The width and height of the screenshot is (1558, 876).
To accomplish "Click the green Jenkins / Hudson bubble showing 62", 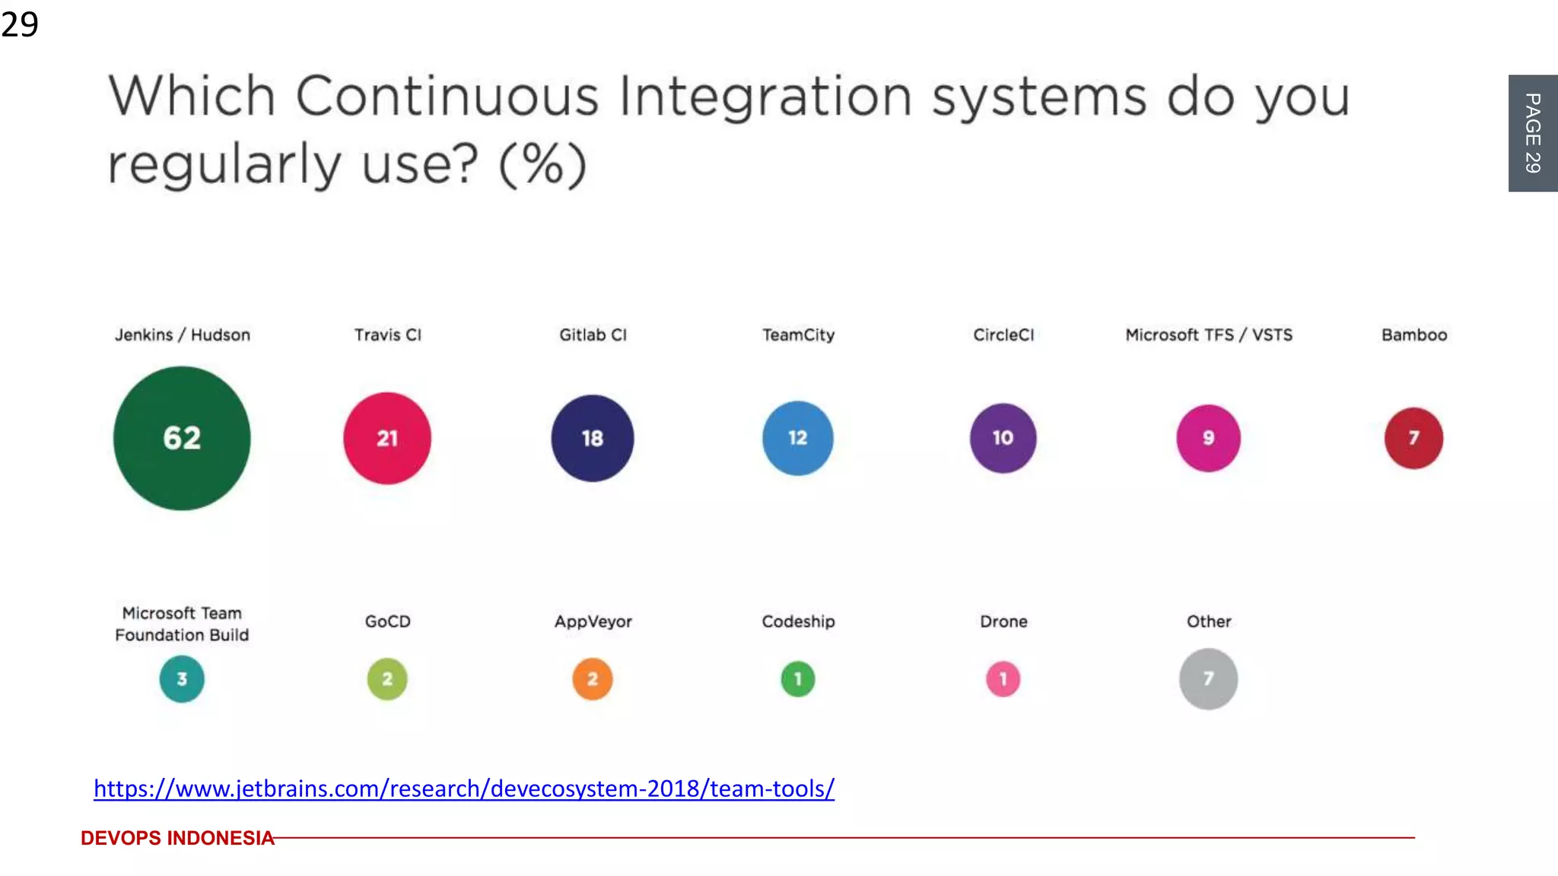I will (x=182, y=438).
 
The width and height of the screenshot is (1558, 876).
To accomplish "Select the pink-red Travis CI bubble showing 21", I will (x=387, y=438).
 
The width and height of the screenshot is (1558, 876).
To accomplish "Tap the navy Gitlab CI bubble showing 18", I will (x=592, y=438).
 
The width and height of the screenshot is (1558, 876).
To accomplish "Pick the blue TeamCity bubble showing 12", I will (x=797, y=438).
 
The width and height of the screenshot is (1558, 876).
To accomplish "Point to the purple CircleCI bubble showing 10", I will (x=1003, y=438).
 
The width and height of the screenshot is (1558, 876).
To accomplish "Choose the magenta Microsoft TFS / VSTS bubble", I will (x=1208, y=438).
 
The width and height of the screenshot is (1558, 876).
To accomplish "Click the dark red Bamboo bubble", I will (x=1413, y=438).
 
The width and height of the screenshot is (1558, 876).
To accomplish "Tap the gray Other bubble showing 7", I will (x=1208, y=678).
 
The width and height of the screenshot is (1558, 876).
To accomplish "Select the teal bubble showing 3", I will (x=182, y=678).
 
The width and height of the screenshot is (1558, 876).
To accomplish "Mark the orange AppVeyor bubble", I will (x=592, y=678).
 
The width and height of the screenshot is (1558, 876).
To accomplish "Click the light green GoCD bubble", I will (x=387, y=678).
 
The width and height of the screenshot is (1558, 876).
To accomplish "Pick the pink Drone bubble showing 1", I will (x=1003, y=678).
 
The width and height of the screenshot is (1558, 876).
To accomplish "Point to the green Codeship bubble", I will (x=797, y=678).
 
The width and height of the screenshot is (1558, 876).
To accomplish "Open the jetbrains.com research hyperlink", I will (x=464, y=789).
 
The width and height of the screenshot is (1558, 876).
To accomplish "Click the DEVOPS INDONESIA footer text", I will (x=177, y=838).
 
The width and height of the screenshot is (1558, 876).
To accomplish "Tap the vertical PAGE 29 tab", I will (x=1533, y=133).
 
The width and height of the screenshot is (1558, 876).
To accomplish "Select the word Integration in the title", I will (x=765, y=97).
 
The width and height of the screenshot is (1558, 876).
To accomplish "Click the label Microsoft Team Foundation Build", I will (x=182, y=624).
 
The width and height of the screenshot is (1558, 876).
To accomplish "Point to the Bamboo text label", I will (x=1413, y=335).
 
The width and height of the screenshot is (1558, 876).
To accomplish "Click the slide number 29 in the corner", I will (x=20, y=24).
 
